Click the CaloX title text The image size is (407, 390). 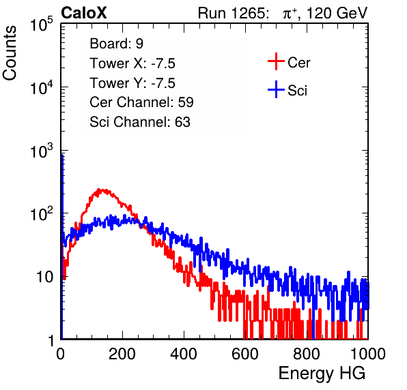point(84,13)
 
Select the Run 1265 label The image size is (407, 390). point(233,13)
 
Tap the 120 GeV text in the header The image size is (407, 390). point(337,13)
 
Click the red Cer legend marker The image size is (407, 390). point(276,61)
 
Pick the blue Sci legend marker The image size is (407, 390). point(276,90)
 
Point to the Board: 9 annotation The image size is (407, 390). point(117,44)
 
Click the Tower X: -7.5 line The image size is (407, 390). point(132,63)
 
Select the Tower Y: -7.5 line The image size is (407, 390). point(132,83)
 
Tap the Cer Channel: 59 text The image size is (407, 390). point(141,102)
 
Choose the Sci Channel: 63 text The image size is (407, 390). point(140,122)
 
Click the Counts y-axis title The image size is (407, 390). point(10,53)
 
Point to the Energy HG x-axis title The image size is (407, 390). point(322,374)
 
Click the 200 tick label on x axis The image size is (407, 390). point(122,354)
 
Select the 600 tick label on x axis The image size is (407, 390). point(245,354)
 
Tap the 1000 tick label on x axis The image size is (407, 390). point(368,354)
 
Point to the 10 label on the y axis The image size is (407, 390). point(44,277)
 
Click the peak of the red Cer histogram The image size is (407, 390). point(99,189)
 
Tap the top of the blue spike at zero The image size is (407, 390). point(62,155)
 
